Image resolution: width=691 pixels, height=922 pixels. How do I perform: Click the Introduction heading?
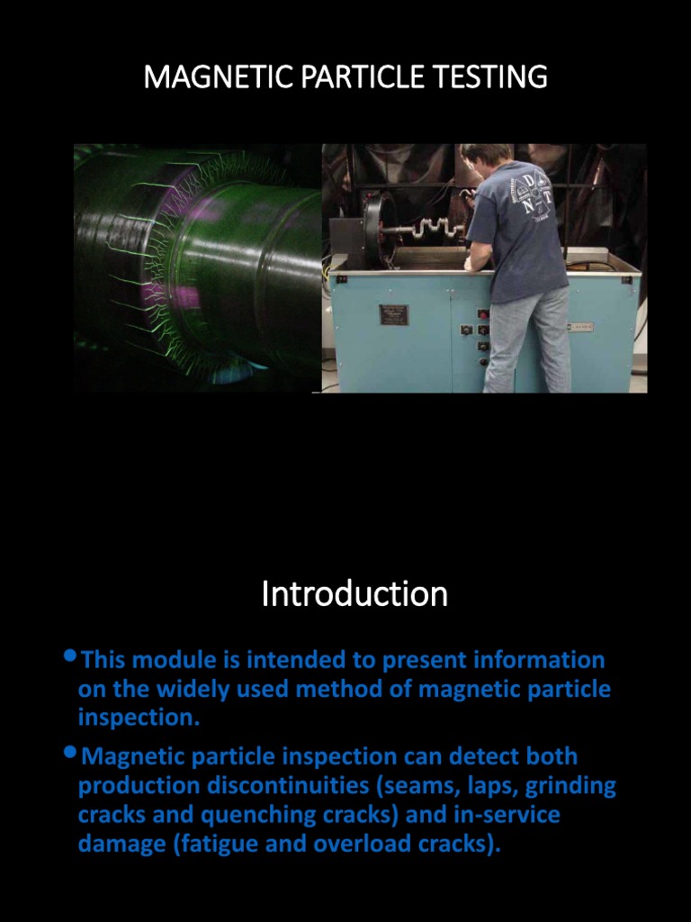(354, 594)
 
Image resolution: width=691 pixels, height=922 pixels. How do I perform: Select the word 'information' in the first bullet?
(538, 660)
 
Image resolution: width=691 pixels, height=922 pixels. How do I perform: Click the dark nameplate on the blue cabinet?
(393, 314)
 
